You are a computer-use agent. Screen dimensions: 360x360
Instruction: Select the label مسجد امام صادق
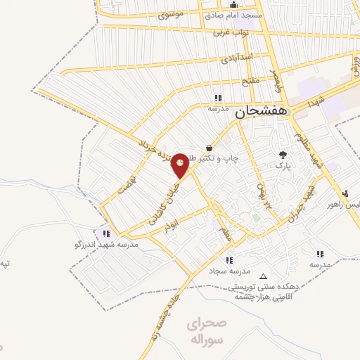233,15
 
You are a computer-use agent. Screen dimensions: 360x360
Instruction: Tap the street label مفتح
252,81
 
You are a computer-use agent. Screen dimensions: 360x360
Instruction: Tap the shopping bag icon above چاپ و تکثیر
209,147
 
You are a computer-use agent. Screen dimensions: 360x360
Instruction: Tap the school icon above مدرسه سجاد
229,259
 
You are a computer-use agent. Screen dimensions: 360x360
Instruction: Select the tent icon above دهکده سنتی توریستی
264,277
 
